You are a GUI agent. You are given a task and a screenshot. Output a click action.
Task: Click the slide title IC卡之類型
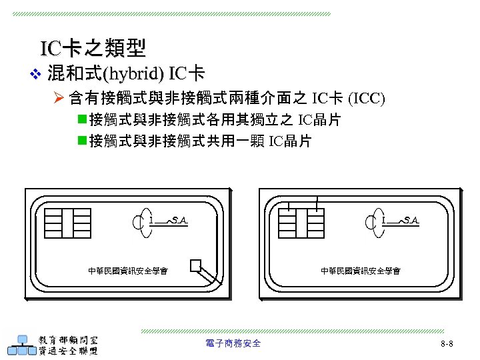(x=93, y=49)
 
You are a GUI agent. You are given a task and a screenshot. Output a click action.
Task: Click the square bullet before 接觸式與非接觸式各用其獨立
(x=82, y=121)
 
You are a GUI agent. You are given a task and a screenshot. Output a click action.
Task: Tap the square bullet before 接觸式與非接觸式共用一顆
(x=82, y=141)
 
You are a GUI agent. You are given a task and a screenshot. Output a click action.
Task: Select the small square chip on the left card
(x=195, y=266)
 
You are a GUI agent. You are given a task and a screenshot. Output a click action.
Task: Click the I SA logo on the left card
(x=163, y=220)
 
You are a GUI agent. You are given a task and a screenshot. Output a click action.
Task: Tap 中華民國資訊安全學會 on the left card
(x=128, y=271)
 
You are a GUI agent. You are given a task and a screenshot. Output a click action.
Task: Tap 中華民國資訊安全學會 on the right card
(x=361, y=271)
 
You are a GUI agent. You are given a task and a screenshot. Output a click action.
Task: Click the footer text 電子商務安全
(x=233, y=343)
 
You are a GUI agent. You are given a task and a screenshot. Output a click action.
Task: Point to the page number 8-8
(x=447, y=344)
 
